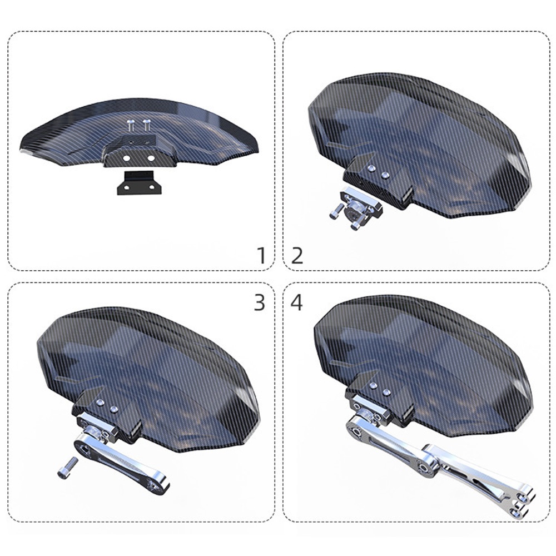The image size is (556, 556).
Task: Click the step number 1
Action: [x=262, y=255]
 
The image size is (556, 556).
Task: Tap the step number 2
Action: [x=297, y=256]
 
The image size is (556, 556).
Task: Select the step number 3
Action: [x=260, y=303]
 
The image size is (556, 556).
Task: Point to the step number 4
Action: [x=297, y=303]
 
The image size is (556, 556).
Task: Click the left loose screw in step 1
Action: [x=131, y=125]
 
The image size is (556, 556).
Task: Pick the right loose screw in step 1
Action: [x=147, y=125]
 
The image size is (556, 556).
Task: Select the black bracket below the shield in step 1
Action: [x=139, y=182]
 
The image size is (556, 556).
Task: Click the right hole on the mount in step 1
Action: [x=151, y=158]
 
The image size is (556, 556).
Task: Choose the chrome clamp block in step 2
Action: [x=361, y=207]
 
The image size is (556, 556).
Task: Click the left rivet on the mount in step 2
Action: [x=371, y=168]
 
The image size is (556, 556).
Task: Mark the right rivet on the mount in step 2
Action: [x=385, y=175]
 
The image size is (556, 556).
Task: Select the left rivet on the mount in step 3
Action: [x=100, y=402]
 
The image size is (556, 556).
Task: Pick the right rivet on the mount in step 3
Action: [x=113, y=409]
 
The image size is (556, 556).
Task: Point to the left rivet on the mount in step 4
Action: [x=374, y=385]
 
